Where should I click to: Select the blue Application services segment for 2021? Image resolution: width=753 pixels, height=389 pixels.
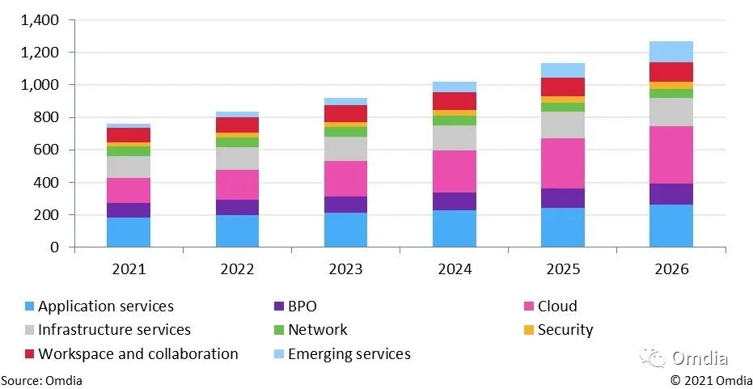[x=129, y=232]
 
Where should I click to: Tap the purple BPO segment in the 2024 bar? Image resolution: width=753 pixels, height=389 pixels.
[x=455, y=201]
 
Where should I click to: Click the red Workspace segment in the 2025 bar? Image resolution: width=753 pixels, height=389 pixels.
[x=563, y=87]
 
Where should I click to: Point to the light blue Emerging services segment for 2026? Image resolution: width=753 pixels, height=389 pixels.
[x=671, y=52]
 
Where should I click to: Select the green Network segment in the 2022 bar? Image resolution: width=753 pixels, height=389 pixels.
[x=238, y=142]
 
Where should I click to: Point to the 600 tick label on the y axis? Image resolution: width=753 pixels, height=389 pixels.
[x=47, y=150]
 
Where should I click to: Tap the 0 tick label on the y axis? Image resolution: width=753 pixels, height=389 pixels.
[x=56, y=247]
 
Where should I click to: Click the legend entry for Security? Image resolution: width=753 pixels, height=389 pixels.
[x=565, y=330]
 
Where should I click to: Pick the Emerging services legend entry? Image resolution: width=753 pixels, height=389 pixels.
[x=349, y=354]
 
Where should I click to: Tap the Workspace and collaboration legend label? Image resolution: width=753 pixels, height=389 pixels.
[x=137, y=354]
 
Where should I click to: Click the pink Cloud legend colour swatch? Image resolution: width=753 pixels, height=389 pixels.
[x=529, y=307]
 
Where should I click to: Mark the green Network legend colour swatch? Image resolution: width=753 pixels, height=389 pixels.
[x=279, y=330]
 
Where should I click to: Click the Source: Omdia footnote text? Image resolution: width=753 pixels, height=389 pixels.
[x=41, y=380]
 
